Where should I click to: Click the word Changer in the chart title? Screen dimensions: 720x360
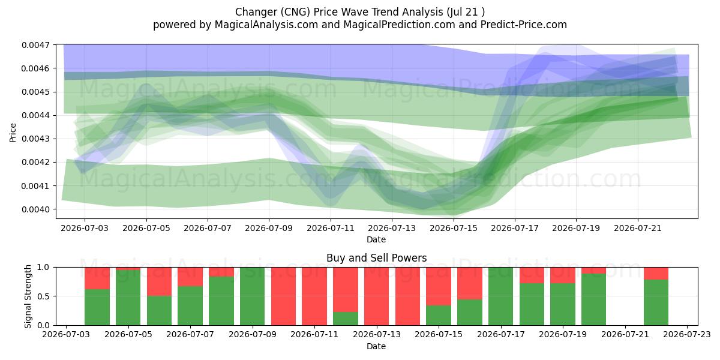point(256,12)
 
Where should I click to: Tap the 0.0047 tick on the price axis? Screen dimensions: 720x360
point(36,45)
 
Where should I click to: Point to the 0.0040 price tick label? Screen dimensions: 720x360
point(36,209)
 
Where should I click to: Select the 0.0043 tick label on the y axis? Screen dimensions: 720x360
point(36,139)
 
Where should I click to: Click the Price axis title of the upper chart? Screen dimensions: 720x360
point(13,133)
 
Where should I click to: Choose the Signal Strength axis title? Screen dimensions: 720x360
point(28,296)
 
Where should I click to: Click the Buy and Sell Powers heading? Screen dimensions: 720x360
point(376,258)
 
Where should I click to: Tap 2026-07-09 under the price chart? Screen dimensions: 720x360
point(269,228)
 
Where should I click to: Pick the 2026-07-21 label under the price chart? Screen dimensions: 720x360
point(638,228)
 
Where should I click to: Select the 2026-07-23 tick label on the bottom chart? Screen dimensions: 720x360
point(687,334)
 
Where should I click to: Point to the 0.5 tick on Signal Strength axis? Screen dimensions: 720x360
point(43,296)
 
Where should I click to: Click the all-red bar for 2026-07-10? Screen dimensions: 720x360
point(283,296)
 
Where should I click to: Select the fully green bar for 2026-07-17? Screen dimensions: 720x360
point(501,296)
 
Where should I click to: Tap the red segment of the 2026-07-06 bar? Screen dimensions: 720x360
point(160,281)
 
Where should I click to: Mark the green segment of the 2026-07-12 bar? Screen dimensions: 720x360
point(346,319)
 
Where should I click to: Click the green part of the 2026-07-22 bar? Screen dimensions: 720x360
point(656,302)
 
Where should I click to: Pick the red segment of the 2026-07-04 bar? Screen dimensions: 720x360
point(97,278)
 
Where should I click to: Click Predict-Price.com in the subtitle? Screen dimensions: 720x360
point(524,25)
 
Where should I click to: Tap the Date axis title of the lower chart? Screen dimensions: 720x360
point(376,346)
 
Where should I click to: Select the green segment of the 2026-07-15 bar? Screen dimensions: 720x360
point(439,316)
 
